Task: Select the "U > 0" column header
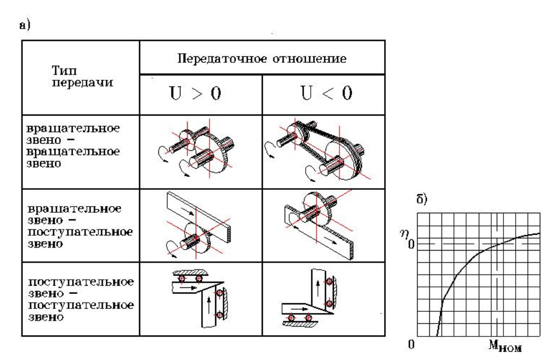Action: click(x=200, y=95)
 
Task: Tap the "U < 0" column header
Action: click(x=323, y=95)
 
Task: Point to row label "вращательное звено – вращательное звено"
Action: click(x=80, y=145)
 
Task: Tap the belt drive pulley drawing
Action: click(x=322, y=148)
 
